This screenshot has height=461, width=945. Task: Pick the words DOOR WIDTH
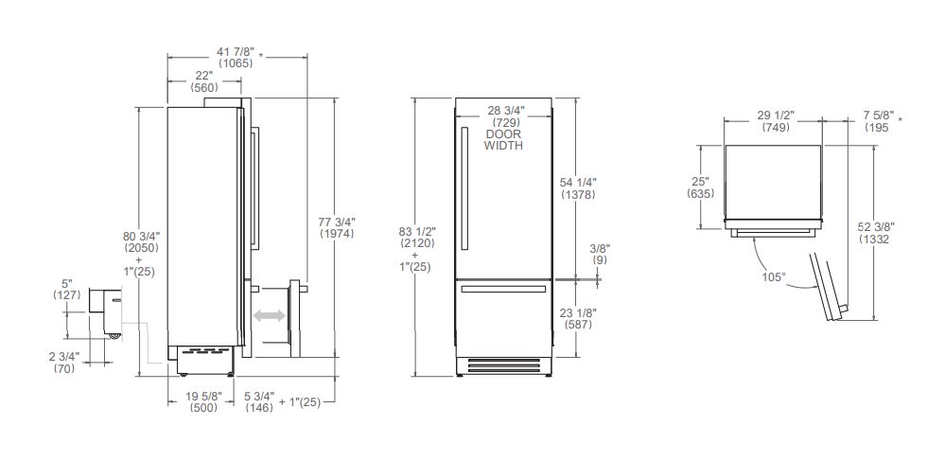pos(503,139)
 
